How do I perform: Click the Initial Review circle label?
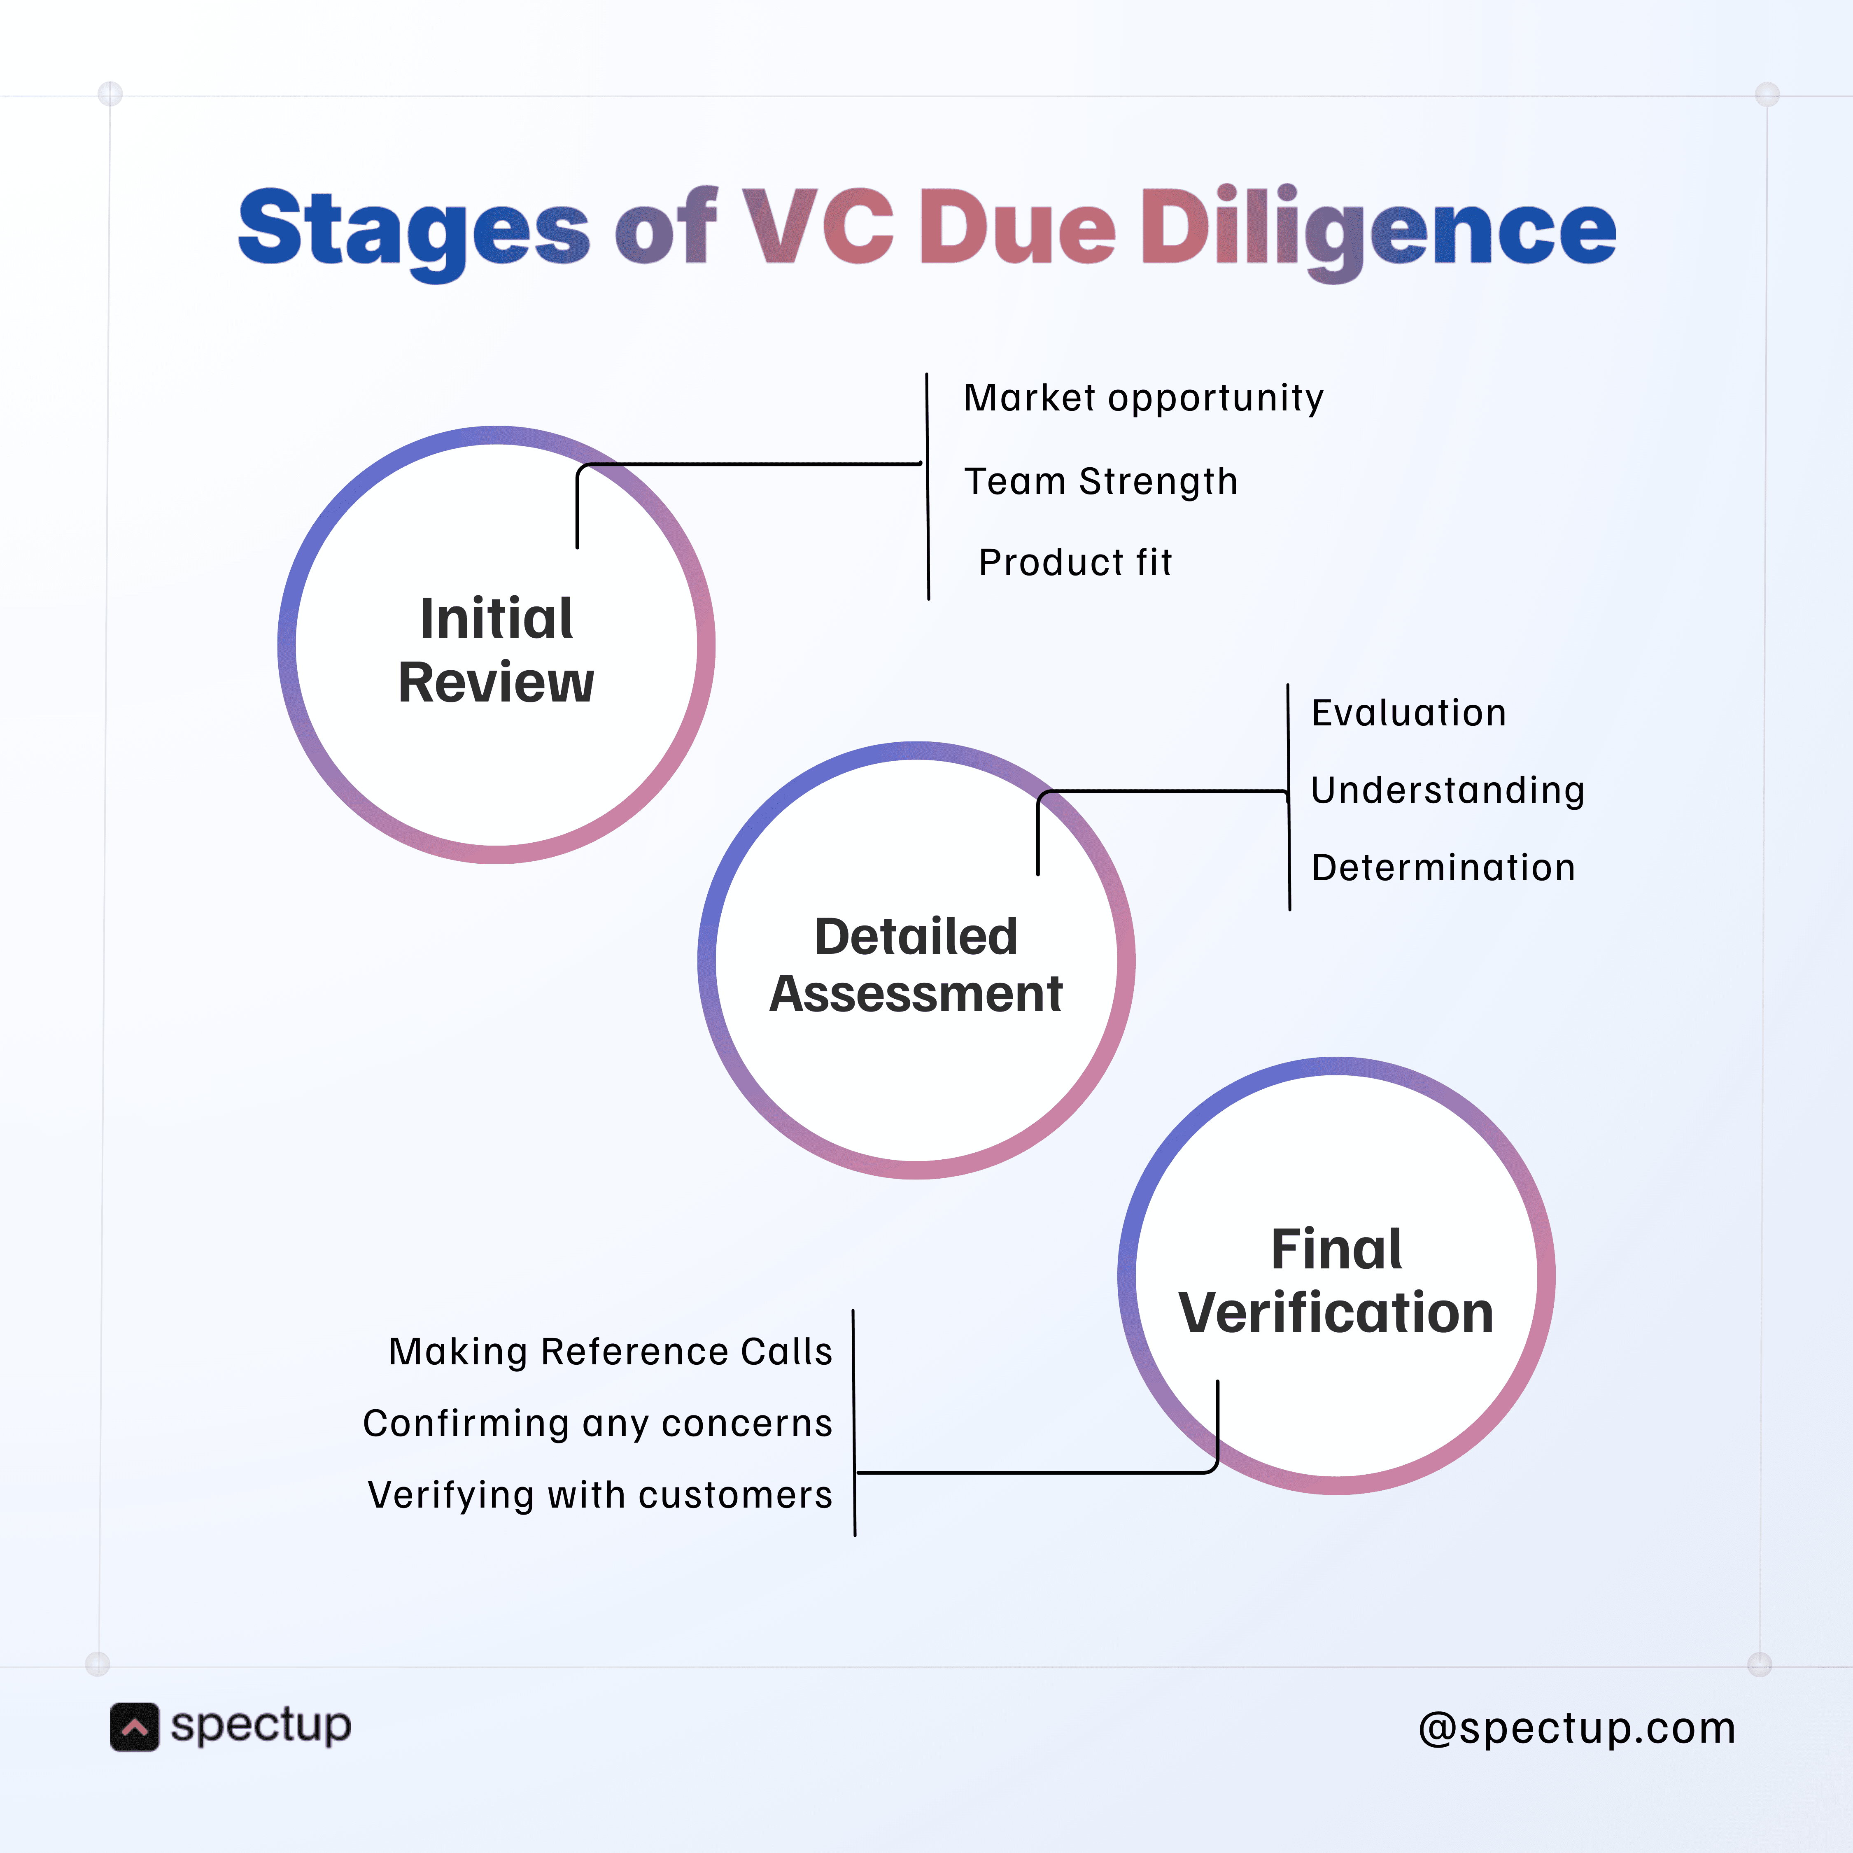point(496,649)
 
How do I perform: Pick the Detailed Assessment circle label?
point(916,964)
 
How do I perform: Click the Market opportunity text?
point(1143,397)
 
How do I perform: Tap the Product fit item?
point(1075,562)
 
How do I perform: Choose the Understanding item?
point(1447,790)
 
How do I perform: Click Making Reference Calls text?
point(610,1352)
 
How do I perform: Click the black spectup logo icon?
point(134,1727)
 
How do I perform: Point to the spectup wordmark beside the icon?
point(261,1725)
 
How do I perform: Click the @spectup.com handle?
point(1577,1728)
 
